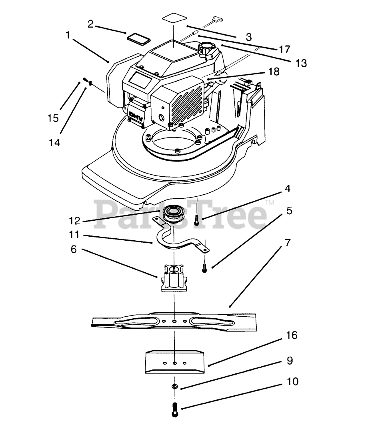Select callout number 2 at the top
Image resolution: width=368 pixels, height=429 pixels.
[91, 24]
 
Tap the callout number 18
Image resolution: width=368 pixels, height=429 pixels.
[274, 72]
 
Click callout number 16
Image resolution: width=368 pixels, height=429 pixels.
[292, 335]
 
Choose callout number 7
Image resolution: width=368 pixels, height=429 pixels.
[288, 243]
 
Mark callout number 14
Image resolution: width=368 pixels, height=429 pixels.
[55, 142]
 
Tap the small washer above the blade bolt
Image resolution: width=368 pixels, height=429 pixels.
[174, 387]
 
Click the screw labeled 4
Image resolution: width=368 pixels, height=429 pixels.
[196, 219]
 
